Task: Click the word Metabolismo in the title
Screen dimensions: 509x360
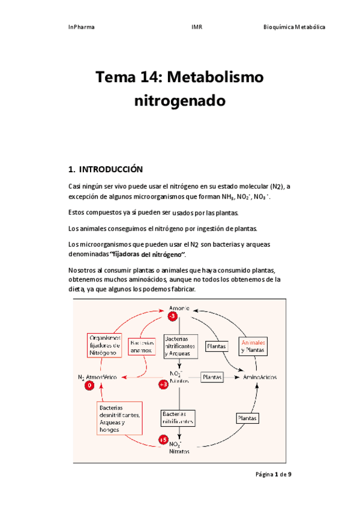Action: tap(215, 77)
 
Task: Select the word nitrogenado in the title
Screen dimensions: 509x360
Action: tap(180, 101)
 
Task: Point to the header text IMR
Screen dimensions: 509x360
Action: tap(196, 27)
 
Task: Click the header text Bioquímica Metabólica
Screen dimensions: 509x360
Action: tap(295, 27)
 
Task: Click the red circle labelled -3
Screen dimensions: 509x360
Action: tap(172, 316)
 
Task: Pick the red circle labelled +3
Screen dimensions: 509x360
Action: tap(162, 384)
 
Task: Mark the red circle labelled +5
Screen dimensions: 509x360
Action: tap(163, 440)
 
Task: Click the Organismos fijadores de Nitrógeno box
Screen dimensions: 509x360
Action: tap(105, 346)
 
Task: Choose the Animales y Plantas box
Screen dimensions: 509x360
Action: tap(253, 346)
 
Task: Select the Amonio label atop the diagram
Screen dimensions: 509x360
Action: tap(179, 308)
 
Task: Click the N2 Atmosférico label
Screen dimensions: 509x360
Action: tap(98, 377)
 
